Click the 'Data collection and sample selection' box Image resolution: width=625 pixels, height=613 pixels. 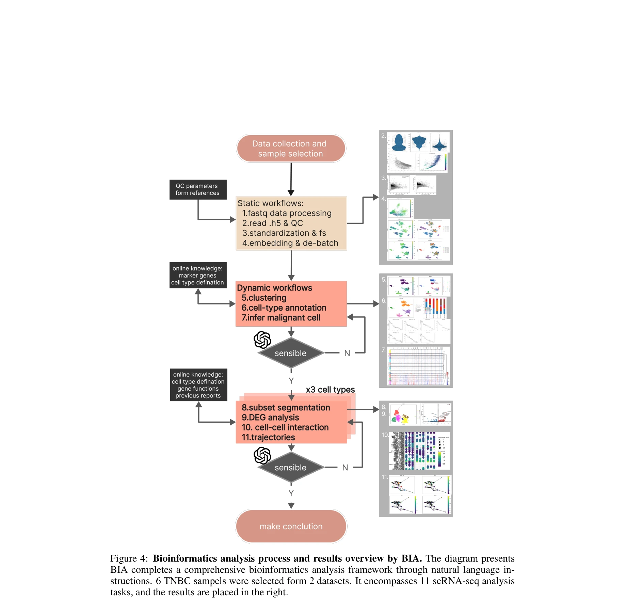291,148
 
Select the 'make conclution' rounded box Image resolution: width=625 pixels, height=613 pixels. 291,526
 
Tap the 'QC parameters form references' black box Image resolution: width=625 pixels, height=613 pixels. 197,189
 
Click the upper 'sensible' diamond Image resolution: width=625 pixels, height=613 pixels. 290,353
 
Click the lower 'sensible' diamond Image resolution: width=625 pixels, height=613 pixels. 290,468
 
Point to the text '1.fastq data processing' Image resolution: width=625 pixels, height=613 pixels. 287,213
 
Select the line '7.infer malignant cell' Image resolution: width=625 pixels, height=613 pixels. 281,318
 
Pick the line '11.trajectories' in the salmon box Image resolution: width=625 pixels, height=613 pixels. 268,437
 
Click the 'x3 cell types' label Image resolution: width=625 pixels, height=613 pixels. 330,390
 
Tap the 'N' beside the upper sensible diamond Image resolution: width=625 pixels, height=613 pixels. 347,353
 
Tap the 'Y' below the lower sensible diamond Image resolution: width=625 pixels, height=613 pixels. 291,493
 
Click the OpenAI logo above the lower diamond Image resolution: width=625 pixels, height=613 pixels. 262,455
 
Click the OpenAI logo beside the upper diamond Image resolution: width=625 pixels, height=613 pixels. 262,340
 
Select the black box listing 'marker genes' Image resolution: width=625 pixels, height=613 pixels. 198,275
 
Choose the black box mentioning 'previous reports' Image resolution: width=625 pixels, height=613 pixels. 198,385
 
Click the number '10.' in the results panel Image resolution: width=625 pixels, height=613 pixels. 385,435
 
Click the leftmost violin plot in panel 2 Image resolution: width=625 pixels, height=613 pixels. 399,142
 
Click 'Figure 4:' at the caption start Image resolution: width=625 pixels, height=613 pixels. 129,559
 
